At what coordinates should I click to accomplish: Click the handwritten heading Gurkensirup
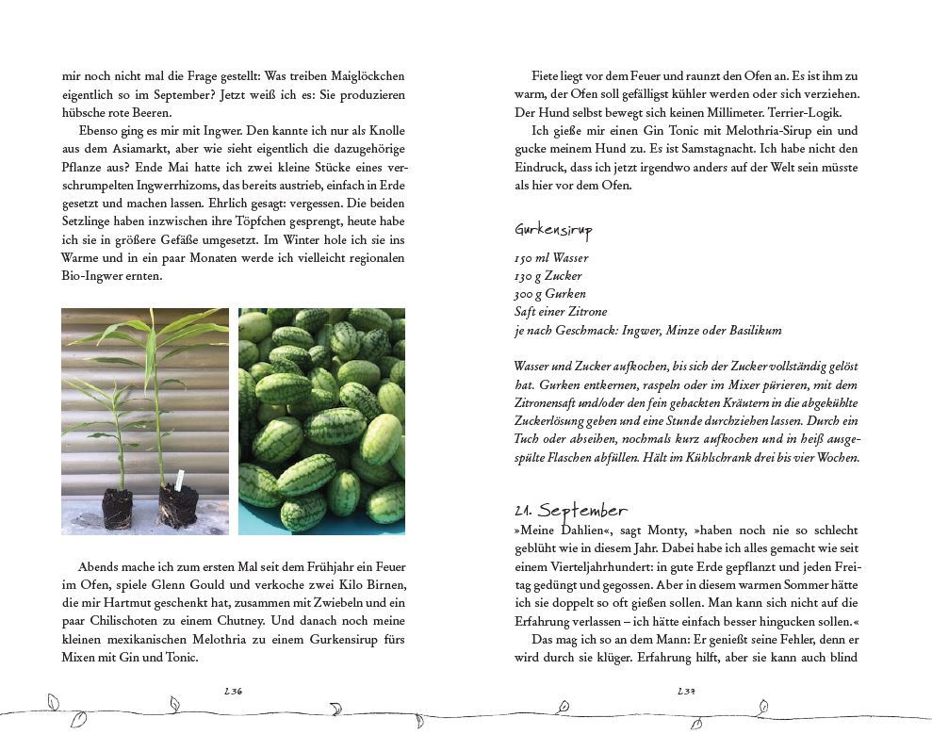553,230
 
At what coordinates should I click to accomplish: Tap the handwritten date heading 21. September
570,511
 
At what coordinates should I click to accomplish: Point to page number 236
234,691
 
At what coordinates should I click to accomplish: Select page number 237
686,691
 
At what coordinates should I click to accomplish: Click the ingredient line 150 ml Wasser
551,258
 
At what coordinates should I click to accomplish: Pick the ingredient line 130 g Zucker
548,276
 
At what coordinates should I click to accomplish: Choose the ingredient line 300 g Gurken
549,294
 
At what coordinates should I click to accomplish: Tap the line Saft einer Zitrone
561,312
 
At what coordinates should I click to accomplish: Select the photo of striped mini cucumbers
321,421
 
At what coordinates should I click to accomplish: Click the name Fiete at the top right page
546,75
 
